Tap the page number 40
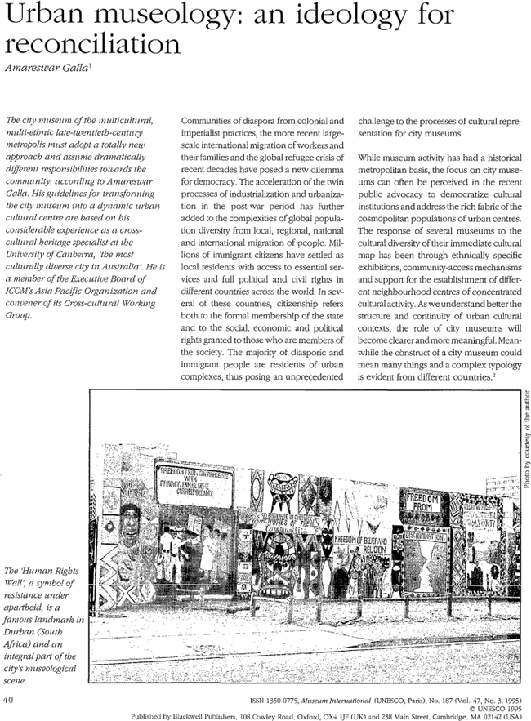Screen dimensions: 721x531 [x=9, y=699]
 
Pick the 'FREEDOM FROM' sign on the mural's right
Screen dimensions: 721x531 [x=425, y=500]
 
